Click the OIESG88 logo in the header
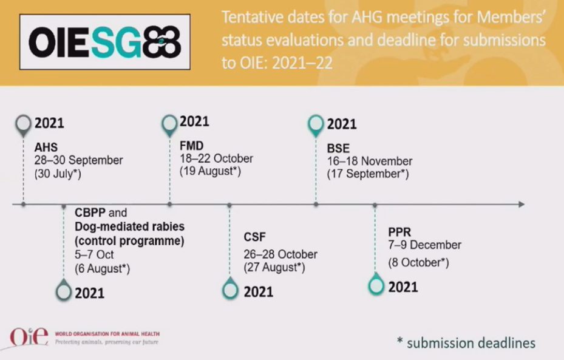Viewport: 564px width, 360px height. (x=104, y=42)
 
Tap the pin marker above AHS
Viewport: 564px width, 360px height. (x=24, y=126)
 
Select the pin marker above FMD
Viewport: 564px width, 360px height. (x=169, y=126)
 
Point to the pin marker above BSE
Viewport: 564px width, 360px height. (x=316, y=126)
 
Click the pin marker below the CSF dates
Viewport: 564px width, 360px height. (x=230, y=288)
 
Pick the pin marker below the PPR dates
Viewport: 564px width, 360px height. (x=376, y=284)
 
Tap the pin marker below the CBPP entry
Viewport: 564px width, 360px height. (x=64, y=290)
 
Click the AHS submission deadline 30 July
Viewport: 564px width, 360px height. (x=58, y=174)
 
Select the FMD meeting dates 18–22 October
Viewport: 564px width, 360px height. (x=217, y=158)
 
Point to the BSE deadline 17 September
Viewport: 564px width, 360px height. (x=368, y=174)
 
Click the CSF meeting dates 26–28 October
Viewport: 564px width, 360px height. (x=280, y=254)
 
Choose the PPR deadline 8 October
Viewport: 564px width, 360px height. (x=418, y=262)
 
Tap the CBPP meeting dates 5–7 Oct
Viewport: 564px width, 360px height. (x=94, y=254)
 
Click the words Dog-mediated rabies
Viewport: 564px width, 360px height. (x=129, y=226)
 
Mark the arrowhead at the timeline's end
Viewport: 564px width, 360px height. (x=522, y=204)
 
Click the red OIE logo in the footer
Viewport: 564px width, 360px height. (x=29, y=338)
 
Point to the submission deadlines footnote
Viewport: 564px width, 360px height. (x=466, y=342)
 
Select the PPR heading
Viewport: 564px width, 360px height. (x=399, y=232)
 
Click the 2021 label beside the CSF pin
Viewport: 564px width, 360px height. (x=259, y=292)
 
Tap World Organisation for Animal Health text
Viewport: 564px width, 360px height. (x=107, y=334)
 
